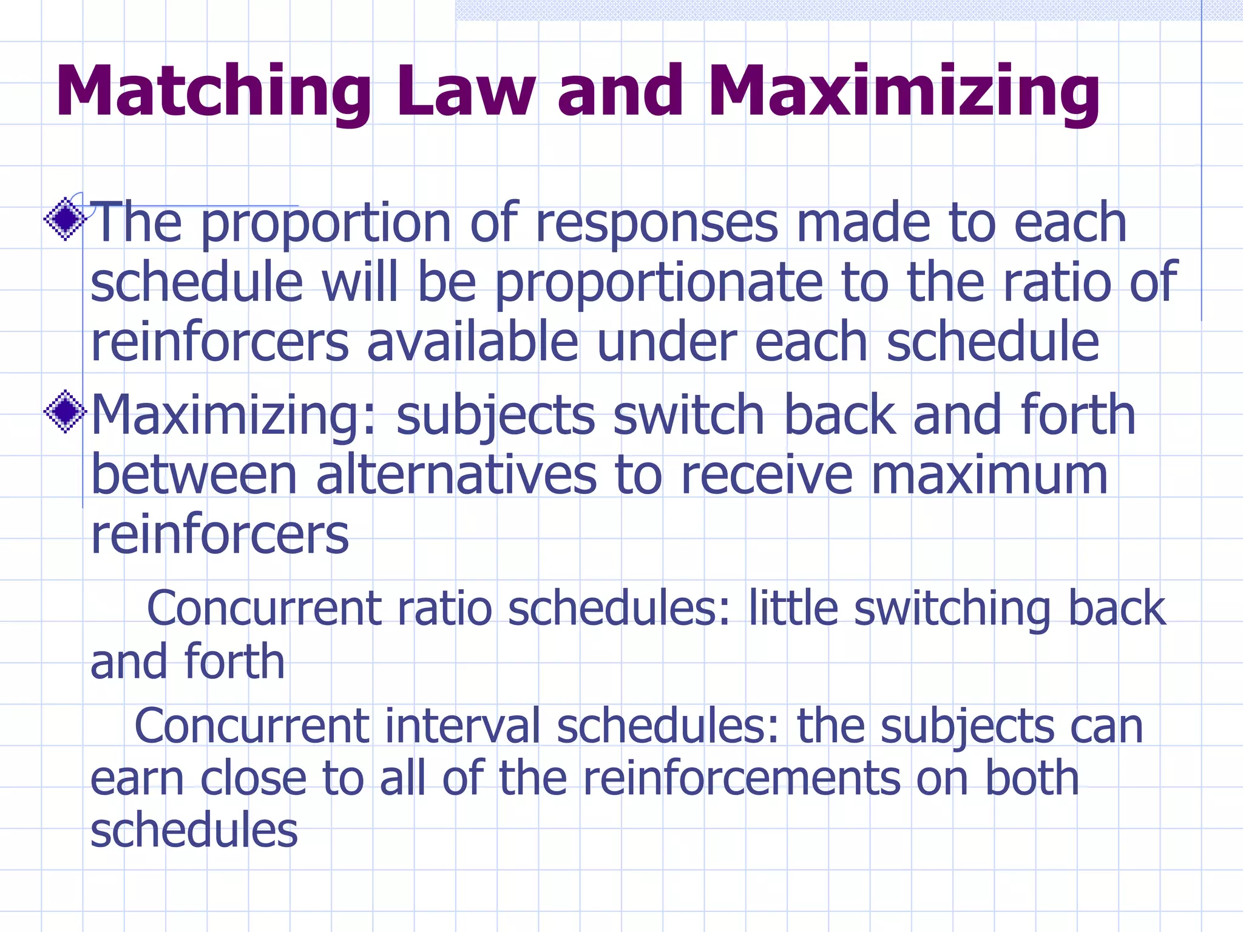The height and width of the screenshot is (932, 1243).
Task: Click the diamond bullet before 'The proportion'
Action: [x=65, y=220]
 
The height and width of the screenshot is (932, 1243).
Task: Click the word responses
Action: [x=656, y=223]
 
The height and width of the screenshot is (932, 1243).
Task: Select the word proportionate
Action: [x=659, y=283]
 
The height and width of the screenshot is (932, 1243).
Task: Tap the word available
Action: [x=473, y=342]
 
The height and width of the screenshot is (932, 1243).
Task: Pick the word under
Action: [x=666, y=342]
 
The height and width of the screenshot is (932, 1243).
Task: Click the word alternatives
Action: [x=456, y=476]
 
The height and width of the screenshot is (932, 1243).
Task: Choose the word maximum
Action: [x=990, y=476]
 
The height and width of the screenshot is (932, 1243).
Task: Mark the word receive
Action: [x=767, y=476]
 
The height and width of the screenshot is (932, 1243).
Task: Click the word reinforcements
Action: [x=742, y=778]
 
